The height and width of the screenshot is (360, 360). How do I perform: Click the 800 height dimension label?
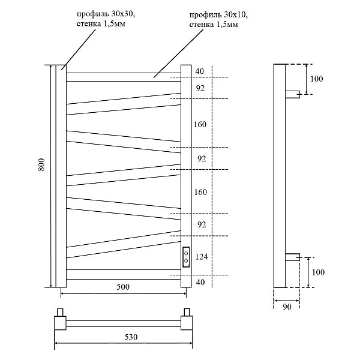click(x=41, y=166)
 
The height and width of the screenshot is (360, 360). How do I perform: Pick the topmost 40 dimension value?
click(x=200, y=71)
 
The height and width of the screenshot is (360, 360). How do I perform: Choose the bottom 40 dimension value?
click(x=200, y=281)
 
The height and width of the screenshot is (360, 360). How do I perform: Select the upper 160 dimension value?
click(x=200, y=125)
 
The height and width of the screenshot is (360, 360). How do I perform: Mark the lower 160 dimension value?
click(x=200, y=192)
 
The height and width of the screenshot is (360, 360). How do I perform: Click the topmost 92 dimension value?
click(x=200, y=88)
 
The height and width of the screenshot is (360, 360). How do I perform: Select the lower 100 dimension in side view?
click(x=317, y=272)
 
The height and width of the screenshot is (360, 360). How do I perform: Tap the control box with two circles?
click(x=186, y=257)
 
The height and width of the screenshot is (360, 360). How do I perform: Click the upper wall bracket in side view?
click(x=292, y=94)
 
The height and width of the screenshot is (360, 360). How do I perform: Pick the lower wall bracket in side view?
click(x=292, y=257)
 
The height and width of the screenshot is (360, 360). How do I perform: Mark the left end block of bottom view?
click(x=60, y=322)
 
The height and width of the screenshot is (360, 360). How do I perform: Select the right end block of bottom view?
click(x=187, y=322)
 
